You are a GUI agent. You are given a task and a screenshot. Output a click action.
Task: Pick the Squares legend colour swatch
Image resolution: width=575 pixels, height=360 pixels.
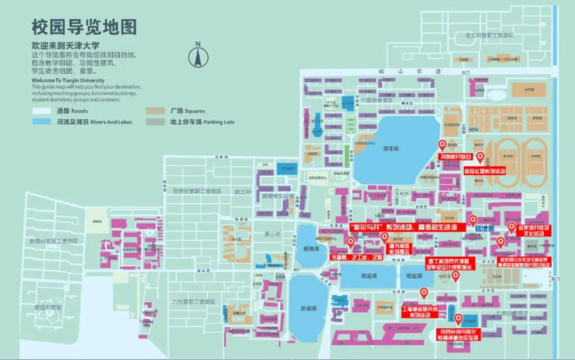click(155, 110)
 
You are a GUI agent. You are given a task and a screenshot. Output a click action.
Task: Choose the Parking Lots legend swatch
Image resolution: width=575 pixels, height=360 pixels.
click(155, 122)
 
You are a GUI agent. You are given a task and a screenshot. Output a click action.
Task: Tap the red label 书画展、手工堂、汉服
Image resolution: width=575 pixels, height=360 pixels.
click(356, 256)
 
